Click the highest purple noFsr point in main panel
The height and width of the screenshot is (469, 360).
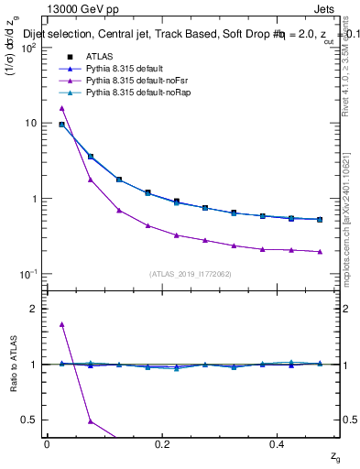click(62, 108)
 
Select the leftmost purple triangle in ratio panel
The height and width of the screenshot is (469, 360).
click(62, 324)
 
